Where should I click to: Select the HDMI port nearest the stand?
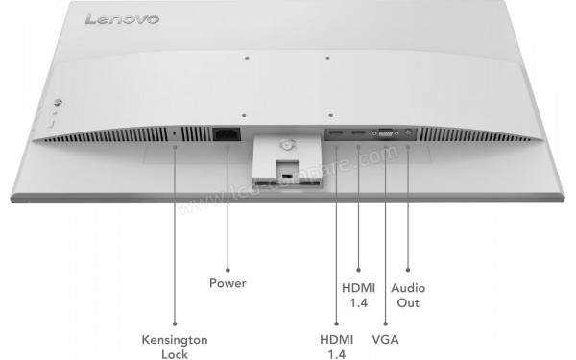pyautogui.click(x=336, y=133)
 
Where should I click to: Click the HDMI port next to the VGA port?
pyautogui.click(x=358, y=133)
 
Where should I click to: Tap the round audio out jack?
pyautogui.click(x=410, y=133)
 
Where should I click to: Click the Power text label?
pyautogui.click(x=228, y=283)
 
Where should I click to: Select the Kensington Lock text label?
pyautogui.click(x=175, y=347)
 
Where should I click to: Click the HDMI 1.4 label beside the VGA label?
pyautogui.click(x=336, y=347)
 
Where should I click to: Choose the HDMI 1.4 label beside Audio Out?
pyautogui.click(x=358, y=295)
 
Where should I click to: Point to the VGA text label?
pyautogui.click(x=385, y=340)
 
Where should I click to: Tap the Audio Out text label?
pyautogui.click(x=408, y=295)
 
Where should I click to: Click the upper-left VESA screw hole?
pyautogui.click(x=247, y=58)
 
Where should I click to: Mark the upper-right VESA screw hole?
pyautogui.click(x=327, y=58)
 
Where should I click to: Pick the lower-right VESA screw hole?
pyautogui.click(x=329, y=113)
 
